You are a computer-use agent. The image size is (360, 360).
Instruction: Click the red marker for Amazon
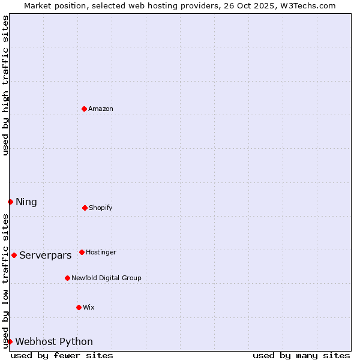pos(85,109)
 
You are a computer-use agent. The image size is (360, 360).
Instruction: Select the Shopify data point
pos(85,208)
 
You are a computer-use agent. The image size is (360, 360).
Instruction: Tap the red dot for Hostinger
pos(82,252)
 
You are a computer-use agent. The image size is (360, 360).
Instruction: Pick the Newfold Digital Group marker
pos(67,278)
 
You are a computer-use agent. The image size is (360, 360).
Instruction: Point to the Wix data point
pos(79,307)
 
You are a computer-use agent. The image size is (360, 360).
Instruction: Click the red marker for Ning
pos(10,202)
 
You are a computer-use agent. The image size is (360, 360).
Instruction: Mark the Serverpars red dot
pos(14,255)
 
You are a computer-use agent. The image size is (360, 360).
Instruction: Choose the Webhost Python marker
pos(10,341)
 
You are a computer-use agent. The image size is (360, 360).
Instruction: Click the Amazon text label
pos(101,109)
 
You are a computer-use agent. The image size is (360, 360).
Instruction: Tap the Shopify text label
pos(101,208)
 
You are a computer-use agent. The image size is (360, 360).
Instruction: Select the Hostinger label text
pos(101,253)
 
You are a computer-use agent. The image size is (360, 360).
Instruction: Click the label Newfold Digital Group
pos(106,278)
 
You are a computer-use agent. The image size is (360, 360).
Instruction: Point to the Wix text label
pos(89,308)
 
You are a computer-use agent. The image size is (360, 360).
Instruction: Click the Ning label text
pos(26,202)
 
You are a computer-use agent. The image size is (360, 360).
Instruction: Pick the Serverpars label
pos(46,256)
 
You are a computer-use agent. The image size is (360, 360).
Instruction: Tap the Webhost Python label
pos(54,342)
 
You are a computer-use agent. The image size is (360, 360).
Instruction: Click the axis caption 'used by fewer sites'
pos(62,355)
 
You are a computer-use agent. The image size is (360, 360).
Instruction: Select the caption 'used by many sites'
pos(301,355)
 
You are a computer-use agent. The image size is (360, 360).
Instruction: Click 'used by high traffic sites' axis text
pos(5,85)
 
